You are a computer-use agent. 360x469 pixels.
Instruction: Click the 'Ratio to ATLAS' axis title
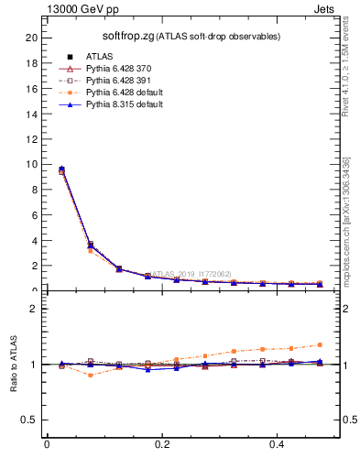14,365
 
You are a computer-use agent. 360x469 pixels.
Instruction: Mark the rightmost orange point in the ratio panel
320,344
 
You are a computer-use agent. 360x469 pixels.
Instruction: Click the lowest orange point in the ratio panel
90,375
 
